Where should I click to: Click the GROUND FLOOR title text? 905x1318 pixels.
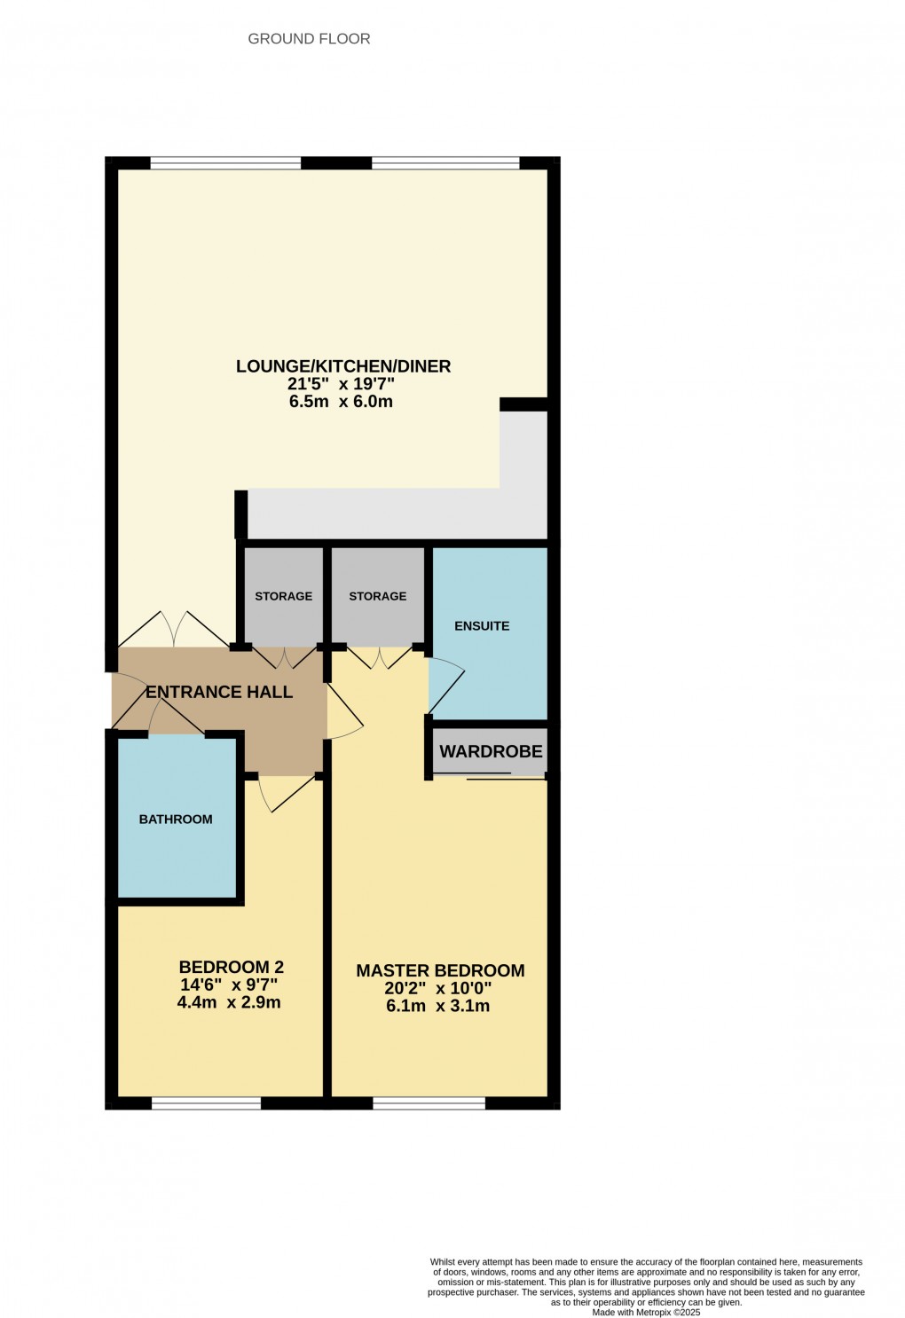[x=309, y=39]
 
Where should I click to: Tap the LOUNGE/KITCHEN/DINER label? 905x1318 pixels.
[x=343, y=366]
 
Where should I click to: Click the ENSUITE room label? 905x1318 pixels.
[x=482, y=626]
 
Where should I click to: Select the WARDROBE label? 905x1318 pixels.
[x=491, y=752]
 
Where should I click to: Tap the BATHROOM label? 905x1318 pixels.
[x=176, y=820]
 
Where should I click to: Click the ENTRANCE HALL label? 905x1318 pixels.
[x=219, y=693]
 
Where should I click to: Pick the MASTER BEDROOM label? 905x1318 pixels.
[x=440, y=971]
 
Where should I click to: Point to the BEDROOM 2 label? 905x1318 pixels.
[x=231, y=968]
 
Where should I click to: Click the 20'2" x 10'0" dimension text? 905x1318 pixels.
[x=437, y=989]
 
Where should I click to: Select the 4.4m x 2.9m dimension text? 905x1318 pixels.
[x=229, y=1003]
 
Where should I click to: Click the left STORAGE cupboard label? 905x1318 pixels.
[x=283, y=597]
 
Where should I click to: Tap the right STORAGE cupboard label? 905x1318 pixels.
[x=377, y=597]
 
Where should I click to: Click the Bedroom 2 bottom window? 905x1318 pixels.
[x=206, y=1103]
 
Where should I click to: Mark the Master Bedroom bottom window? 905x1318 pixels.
[x=429, y=1103]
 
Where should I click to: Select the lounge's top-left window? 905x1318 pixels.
[x=225, y=163]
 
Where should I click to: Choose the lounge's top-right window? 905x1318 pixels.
[x=445, y=163]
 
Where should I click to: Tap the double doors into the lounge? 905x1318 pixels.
[x=174, y=630]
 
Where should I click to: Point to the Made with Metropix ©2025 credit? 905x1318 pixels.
[x=646, y=1313]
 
